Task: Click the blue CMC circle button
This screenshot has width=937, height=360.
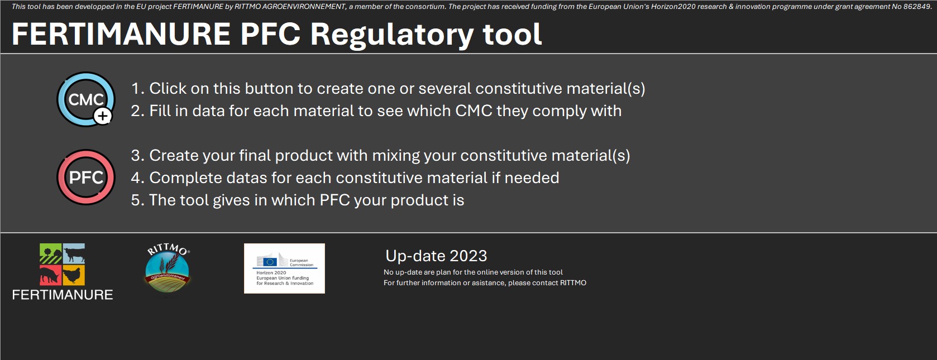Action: point(86,99)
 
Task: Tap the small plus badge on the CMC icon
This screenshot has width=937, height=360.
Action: point(103,116)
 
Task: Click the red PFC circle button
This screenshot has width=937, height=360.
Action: point(86,177)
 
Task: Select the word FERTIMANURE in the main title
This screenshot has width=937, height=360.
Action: point(121,34)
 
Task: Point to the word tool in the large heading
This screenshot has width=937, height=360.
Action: point(513,34)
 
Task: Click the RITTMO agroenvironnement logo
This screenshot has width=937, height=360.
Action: point(168,268)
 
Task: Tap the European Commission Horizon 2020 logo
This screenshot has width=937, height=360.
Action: point(284,268)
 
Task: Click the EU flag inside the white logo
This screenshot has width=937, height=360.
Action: point(270,262)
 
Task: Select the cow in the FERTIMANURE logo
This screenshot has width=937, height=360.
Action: point(74,253)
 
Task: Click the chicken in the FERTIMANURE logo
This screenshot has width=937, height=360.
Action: point(74,275)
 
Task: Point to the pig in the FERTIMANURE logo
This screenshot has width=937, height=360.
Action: point(51,275)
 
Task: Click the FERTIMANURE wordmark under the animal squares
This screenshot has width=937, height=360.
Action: point(63,295)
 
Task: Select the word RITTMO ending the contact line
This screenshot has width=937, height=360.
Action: point(573,282)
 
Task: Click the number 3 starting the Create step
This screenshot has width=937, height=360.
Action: point(135,156)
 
